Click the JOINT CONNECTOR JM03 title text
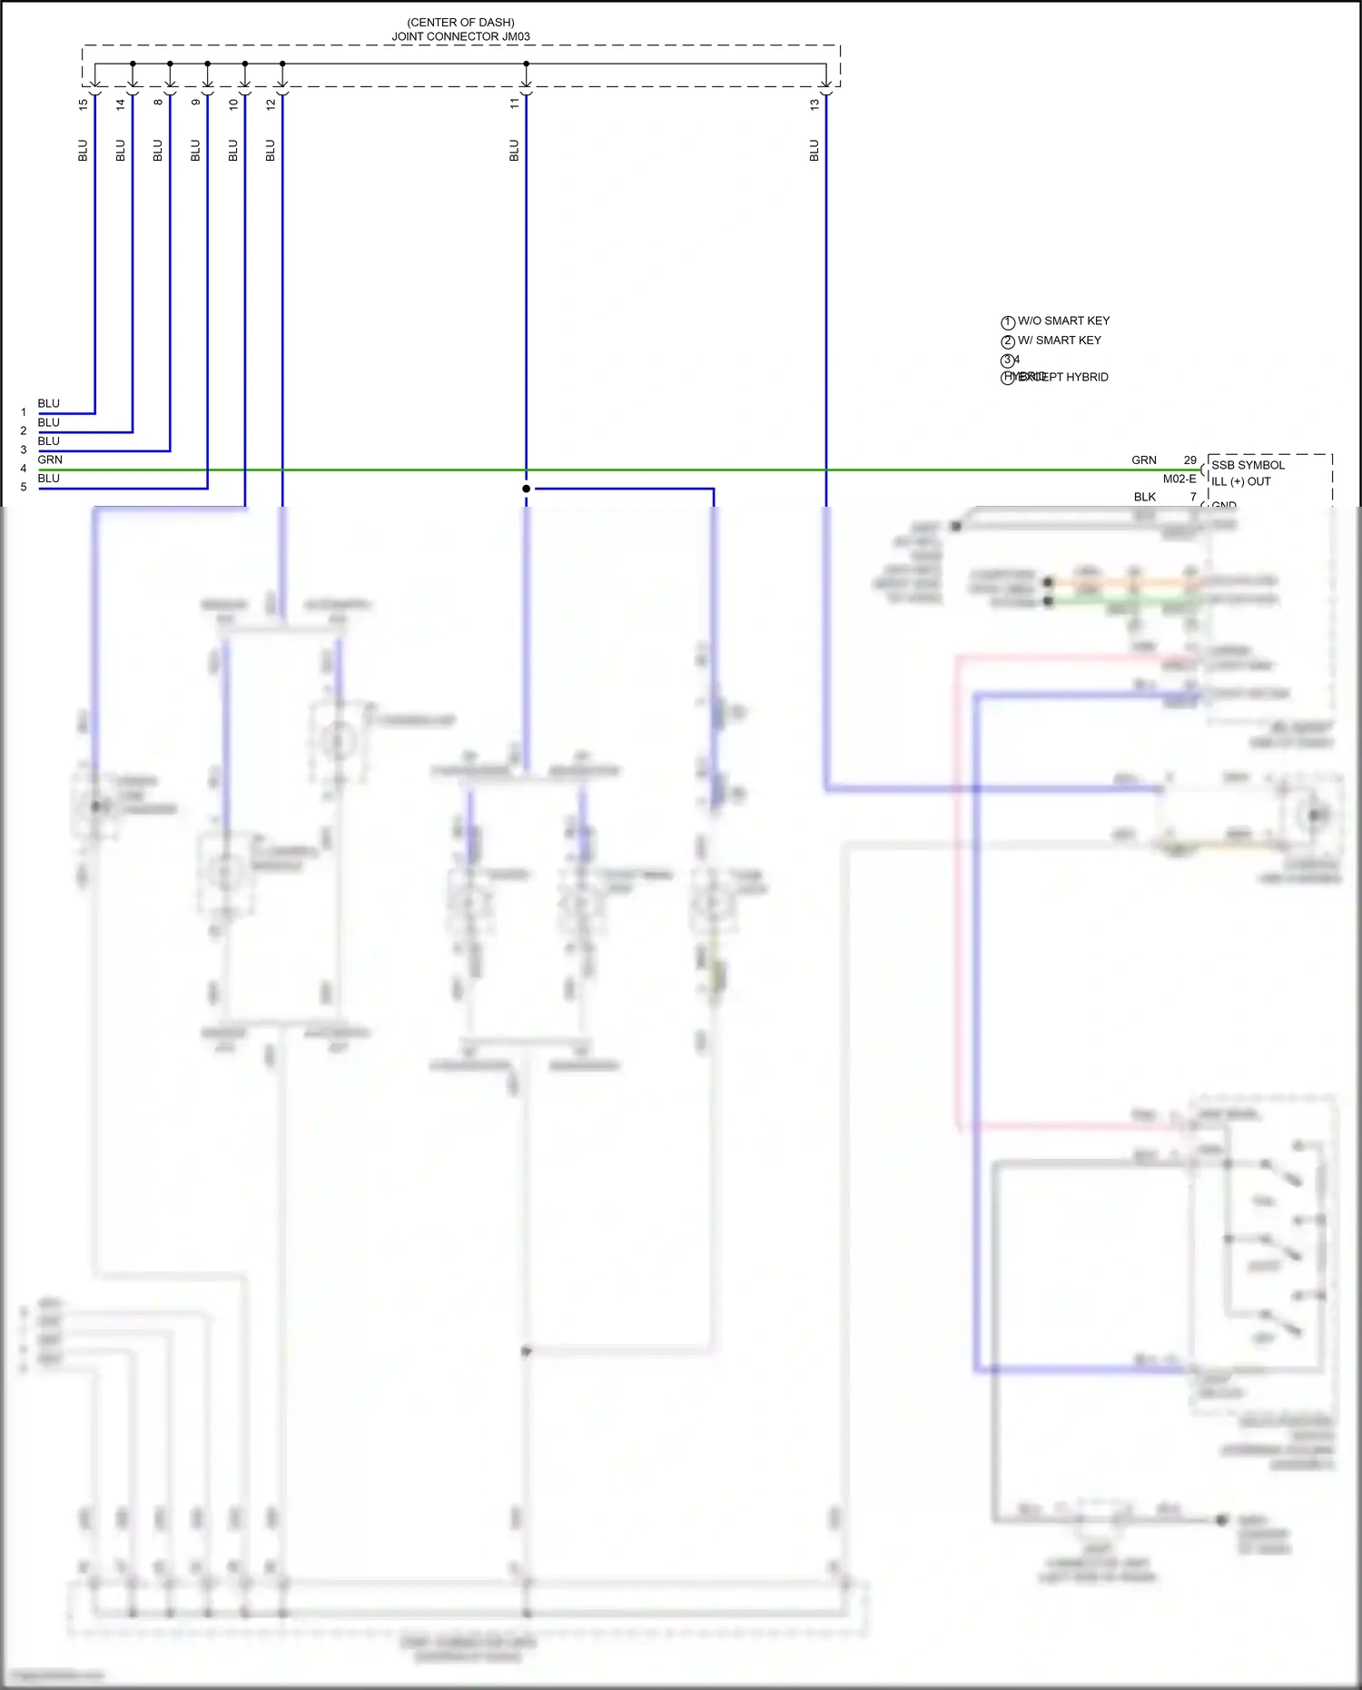[x=460, y=37]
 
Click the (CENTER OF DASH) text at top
[x=460, y=22]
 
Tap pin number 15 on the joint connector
[x=84, y=104]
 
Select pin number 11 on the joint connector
[x=514, y=104]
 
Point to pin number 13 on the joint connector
[x=814, y=104]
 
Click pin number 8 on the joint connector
[x=158, y=102]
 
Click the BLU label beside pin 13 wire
[x=814, y=151]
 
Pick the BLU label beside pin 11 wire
[x=514, y=151]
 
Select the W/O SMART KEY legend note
[x=1063, y=321]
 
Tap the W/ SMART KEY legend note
[x=1059, y=340]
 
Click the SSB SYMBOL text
[x=1248, y=465]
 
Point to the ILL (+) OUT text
[x=1240, y=481]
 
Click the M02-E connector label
[x=1179, y=479]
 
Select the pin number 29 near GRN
[x=1189, y=460]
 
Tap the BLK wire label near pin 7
[x=1144, y=497]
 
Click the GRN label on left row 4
[x=50, y=460]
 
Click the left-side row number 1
[x=24, y=412]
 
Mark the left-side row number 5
[x=24, y=488]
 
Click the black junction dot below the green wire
[x=526, y=489]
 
